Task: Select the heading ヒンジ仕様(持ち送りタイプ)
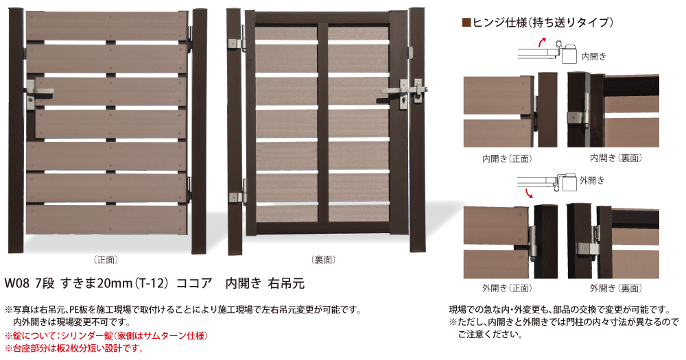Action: pos(542,22)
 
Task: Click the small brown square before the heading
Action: pos(466,22)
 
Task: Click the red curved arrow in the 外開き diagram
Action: pos(528,193)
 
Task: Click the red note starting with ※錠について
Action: pos(106,336)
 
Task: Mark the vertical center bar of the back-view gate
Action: pos(322,123)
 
